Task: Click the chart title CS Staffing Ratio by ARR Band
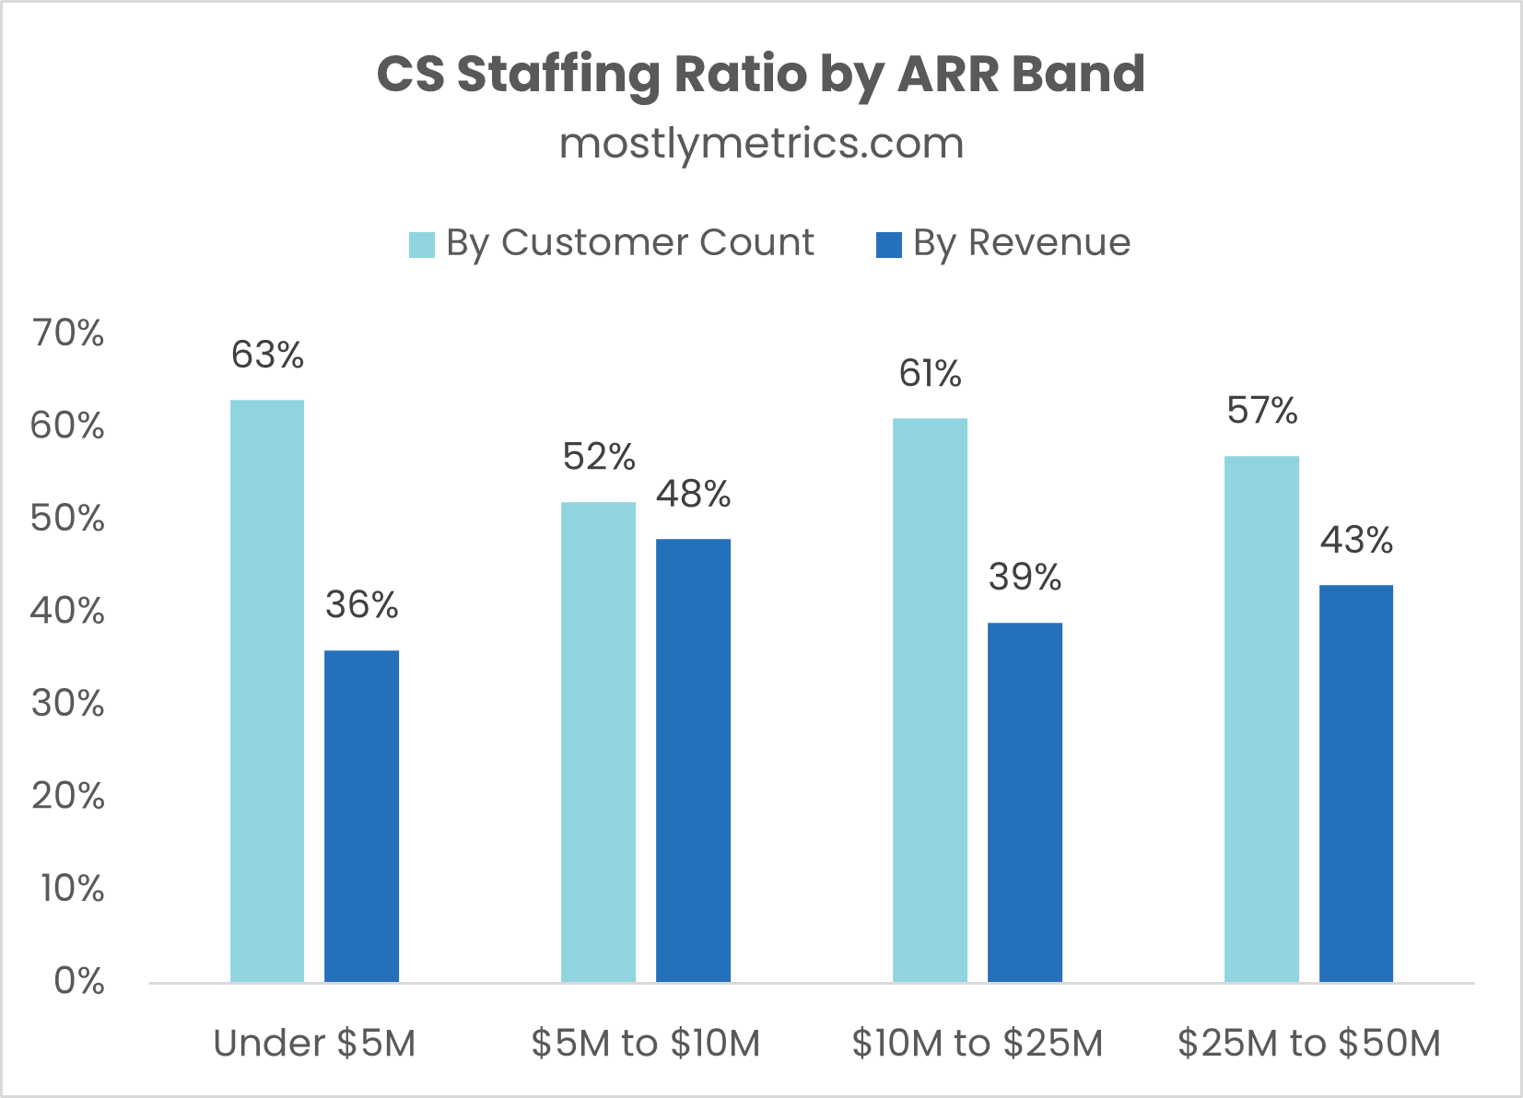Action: [x=761, y=74]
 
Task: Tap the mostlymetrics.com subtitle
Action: [x=761, y=144]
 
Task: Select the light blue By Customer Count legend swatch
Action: [x=422, y=245]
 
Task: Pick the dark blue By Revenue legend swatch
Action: [x=888, y=245]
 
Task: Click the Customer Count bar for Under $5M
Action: [x=267, y=691]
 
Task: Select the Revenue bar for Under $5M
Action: [x=361, y=816]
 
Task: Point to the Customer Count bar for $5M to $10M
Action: [x=598, y=742]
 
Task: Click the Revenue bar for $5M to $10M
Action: [x=693, y=760]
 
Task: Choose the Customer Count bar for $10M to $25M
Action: [x=931, y=700]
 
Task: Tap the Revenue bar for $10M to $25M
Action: [x=1025, y=801]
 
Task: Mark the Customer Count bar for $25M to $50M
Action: [x=1261, y=718]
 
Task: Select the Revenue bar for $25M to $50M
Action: [x=1356, y=783]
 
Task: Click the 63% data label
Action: [x=267, y=356]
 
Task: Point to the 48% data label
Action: [x=693, y=495]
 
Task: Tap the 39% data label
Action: [x=1025, y=578]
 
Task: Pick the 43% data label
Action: [x=1356, y=540]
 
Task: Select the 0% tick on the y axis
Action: [x=78, y=982]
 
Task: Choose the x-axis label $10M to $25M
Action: [x=977, y=1044]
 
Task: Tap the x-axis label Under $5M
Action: [x=314, y=1044]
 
